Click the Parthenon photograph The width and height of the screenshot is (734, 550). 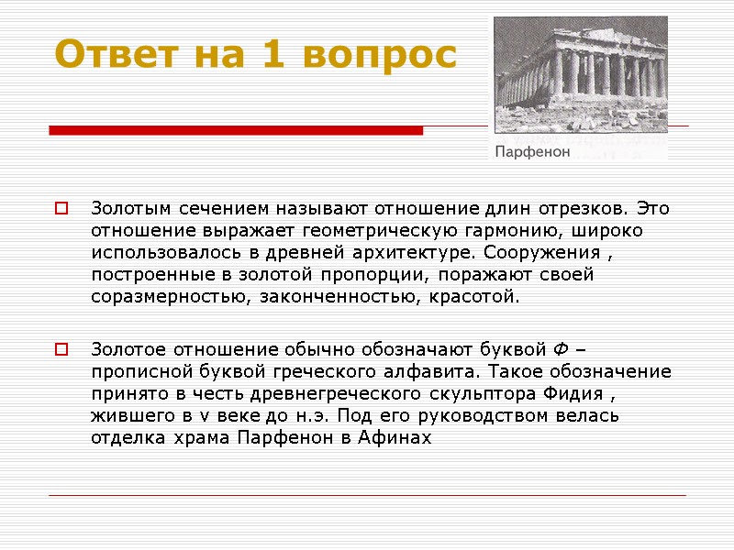point(580,74)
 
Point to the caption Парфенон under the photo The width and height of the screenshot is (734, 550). point(533,151)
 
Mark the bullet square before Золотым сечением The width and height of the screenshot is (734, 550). point(61,208)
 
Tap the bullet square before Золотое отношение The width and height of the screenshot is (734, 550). point(61,349)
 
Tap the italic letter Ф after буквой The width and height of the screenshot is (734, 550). point(561,349)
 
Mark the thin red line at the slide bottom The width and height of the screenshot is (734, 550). point(367,496)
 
